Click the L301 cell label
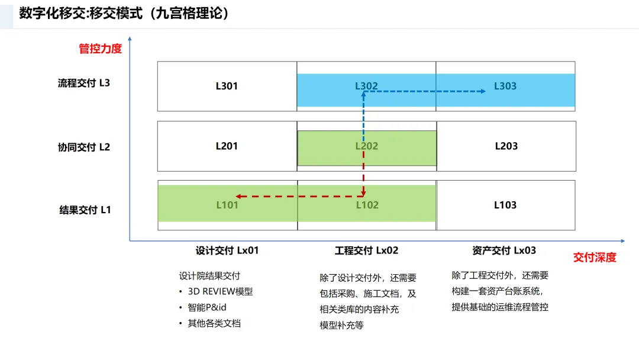click(x=227, y=86)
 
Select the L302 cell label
click(x=366, y=86)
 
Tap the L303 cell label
click(x=505, y=86)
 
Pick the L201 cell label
click(x=227, y=146)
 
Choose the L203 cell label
click(x=506, y=146)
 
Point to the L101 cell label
click(x=227, y=205)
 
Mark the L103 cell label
click(x=505, y=205)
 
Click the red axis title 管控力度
click(x=101, y=49)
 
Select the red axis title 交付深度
click(x=595, y=258)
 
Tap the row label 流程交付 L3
click(x=84, y=83)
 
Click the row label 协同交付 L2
click(x=84, y=147)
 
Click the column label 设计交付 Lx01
click(x=227, y=250)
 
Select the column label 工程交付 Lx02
click(x=367, y=250)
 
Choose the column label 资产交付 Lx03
click(x=504, y=250)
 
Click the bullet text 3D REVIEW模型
click(x=220, y=291)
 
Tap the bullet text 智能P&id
click(x=207, y=307)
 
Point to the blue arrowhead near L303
click(x=482, y=91)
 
